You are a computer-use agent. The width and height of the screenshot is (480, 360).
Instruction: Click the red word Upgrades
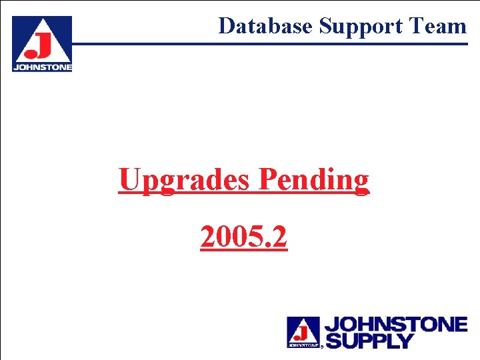pos(185,180)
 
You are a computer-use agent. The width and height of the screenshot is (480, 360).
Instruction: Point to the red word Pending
pos(313,180)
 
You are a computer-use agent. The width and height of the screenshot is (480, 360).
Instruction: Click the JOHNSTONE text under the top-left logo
pos(42,67)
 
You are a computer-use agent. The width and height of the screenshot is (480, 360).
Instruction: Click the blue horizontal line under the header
pos(267,44)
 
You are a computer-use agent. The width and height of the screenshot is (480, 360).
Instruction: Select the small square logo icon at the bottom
pos(303,332)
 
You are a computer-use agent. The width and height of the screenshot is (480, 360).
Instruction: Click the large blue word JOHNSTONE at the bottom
pos(395,325)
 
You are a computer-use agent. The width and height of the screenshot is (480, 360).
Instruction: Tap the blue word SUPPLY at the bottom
pos(369,341)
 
